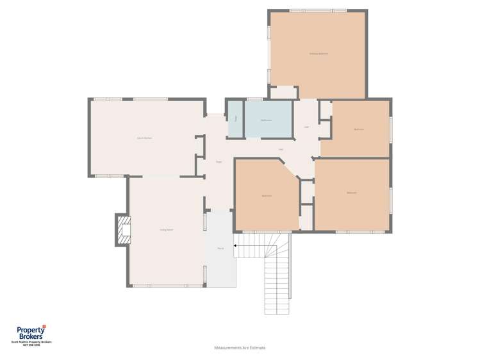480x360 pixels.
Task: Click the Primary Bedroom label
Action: [x=319, y=53]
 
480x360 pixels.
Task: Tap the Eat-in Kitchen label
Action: [x=144, y=138]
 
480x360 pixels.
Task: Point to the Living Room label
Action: [x=167, y=229]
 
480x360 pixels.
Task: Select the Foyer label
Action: [x=219, y=161]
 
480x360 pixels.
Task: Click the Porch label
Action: [x=220, y=248]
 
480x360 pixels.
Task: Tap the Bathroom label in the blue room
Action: [x=266, y=120]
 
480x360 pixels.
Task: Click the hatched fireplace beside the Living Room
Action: [x=122, y=229]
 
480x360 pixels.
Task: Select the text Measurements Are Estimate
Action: [x=240, y=348]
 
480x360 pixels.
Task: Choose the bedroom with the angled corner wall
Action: [x=267, y=195]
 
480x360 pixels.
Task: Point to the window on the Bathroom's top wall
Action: [x=255, y=99]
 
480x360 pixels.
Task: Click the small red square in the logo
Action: [x=44, y=327]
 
